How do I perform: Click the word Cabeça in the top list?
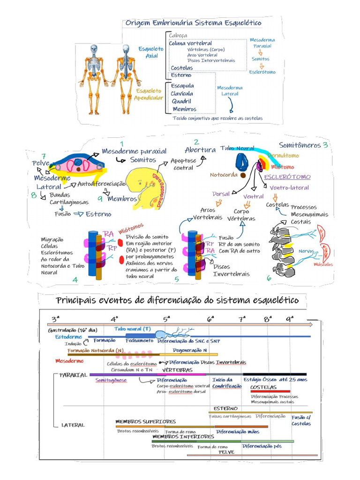178,35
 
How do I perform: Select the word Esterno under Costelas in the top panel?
180,75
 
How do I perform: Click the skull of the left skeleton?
94,48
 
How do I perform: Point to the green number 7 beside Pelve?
43,156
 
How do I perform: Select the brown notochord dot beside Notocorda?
243,175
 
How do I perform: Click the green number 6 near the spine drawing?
269,278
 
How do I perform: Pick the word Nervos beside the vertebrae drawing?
307,251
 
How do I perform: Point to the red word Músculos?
324,264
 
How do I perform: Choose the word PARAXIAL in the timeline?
74,375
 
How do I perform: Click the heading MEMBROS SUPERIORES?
146,422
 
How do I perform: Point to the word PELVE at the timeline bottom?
226,452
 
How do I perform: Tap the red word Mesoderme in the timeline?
69,361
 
